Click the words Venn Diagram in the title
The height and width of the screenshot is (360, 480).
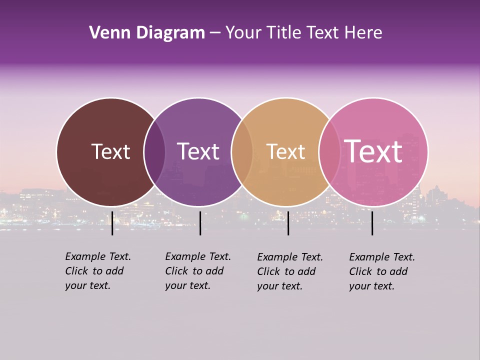tap(147, 33)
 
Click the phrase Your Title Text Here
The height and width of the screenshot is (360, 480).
tap(303, 33)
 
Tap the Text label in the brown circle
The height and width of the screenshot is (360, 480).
tap(110, 151)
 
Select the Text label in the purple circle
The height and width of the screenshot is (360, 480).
tap(198, 151)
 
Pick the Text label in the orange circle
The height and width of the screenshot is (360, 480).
tap(285, 151)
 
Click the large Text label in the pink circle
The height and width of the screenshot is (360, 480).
tap(373, 151)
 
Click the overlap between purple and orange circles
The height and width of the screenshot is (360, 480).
tap(242, 152)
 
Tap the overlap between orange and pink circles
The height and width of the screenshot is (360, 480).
tap(329, 152)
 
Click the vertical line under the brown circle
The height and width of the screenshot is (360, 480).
tap(112, 223)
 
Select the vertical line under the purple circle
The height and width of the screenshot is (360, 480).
tap(200, 223)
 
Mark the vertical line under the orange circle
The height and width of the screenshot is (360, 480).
tap(288, 223)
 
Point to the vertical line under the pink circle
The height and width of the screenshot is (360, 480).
tap(372, 223)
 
